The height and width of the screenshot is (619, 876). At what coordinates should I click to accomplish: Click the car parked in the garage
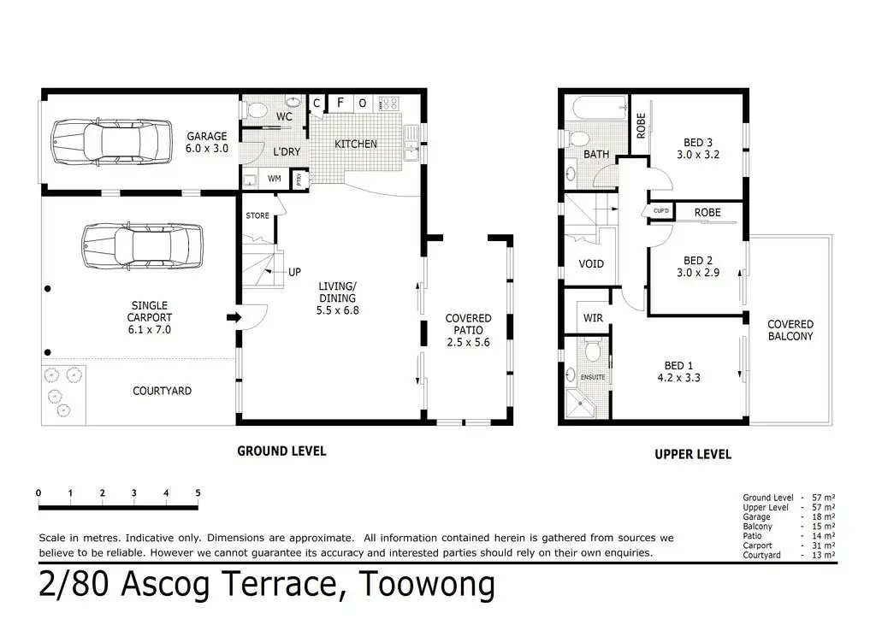tap(111, 142)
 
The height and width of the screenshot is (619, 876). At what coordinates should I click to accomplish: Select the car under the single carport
tap(142, 246)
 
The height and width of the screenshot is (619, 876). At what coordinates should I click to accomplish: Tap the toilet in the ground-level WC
tap(255, 109)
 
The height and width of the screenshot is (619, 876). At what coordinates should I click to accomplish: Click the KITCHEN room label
tap(355, 144)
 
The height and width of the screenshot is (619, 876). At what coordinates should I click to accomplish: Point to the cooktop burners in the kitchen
tap(388, 103)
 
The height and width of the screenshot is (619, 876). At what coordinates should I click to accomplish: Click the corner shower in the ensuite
tap(580, 404)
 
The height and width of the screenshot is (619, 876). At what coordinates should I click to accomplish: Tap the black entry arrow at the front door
tap(234, 317)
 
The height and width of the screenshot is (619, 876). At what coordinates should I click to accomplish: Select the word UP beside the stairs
tap(294, 272)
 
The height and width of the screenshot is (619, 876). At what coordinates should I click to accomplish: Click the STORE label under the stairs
tap(257, 215)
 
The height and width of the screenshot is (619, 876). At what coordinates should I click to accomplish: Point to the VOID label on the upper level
tap(591, 263)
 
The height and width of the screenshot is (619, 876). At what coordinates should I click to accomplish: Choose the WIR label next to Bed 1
tap(593, 318)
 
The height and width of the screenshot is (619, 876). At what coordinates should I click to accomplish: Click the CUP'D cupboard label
tap(661, 211)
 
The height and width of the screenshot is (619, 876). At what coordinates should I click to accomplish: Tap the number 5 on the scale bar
tap(198, 492)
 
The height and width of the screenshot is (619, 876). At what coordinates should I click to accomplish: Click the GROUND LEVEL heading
tap(281, 451)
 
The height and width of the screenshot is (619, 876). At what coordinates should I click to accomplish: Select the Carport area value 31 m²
tap(824, 545)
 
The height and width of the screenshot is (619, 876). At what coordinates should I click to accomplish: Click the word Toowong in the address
tap(427, 584)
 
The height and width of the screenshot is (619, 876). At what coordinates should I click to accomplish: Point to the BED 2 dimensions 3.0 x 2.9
tap(698, 273)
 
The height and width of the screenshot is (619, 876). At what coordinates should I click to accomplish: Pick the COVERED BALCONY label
tap(790, 330)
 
